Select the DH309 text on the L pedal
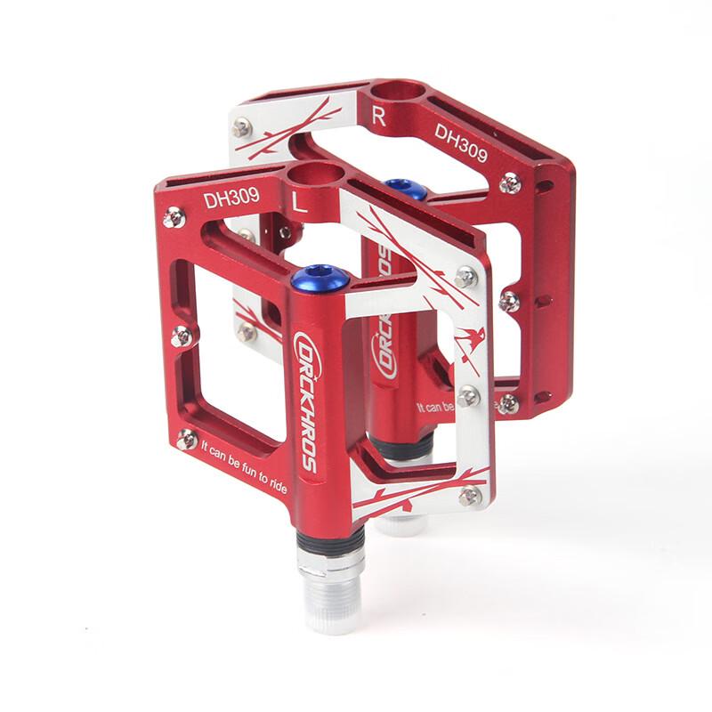(231, 199)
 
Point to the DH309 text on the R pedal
(460, 142)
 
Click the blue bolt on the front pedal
(320, 279)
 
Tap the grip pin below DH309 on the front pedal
(176, 216)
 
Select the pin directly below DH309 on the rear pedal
(510, 184)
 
